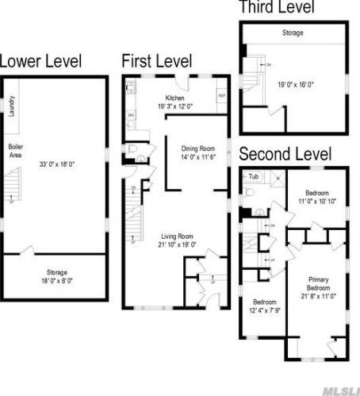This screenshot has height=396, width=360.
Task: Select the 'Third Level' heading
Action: point(277,8)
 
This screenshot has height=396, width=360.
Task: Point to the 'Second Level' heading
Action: point(285,154)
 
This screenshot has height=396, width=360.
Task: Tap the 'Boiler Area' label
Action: point(16,151)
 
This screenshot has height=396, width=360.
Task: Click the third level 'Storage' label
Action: point(293,33)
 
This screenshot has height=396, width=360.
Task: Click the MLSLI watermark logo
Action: point(339,388)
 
